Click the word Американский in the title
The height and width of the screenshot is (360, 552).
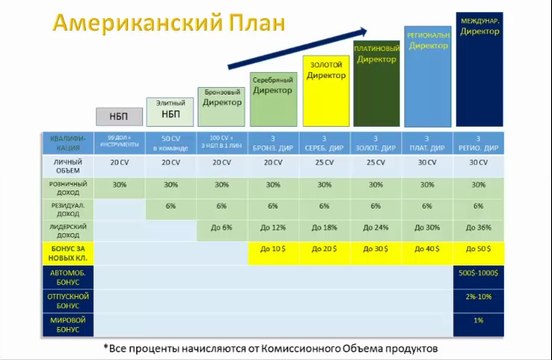tap(118, 25)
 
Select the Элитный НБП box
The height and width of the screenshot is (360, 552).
tap(170, 108)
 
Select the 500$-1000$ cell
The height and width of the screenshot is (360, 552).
tap(478, 273)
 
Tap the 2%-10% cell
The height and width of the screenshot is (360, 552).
tap(478, 297)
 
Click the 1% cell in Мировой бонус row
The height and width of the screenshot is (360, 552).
tap(478, 322)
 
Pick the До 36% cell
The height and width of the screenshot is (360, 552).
tap(478, 227)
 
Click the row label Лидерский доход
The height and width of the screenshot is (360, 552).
tap(68, 227)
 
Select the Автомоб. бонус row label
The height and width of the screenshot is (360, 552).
tap(68, 273)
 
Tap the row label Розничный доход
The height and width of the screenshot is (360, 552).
tap(68, 185)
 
